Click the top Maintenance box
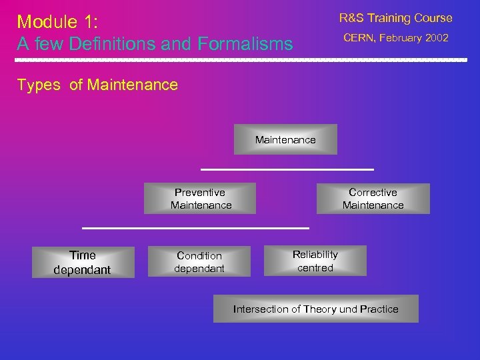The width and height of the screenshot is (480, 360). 285,139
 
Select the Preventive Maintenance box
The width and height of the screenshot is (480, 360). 200,199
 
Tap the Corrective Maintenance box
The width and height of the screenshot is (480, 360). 373,199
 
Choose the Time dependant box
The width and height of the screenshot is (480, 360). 83,262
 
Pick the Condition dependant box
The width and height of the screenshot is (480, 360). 199,262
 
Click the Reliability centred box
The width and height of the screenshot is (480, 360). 315,261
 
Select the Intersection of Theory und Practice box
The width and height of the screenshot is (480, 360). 315,309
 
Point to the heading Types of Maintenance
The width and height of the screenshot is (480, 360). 97,85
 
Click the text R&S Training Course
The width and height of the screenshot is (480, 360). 395,18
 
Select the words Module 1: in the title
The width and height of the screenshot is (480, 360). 57,21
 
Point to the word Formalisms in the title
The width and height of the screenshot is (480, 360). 245,44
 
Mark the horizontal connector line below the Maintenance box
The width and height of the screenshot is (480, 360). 287,169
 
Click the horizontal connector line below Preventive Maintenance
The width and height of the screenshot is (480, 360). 195,228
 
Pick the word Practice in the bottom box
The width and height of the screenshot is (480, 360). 379,309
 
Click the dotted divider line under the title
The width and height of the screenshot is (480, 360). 240,60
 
